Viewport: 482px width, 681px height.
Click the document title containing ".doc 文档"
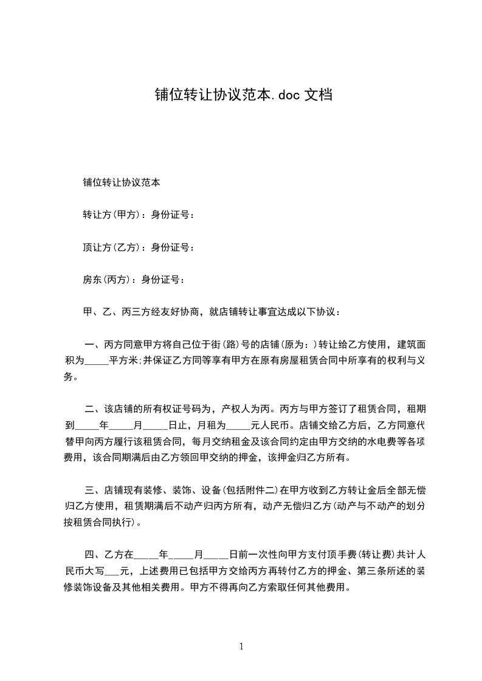click(x=243, y=95)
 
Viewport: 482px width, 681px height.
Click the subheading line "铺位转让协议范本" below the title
click(x=122, y=181)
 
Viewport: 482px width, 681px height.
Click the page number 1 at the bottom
click(x=241, y=646)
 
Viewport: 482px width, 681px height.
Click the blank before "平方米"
click(x=96, y=361)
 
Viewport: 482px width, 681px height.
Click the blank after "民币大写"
click(x=112, y=571)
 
